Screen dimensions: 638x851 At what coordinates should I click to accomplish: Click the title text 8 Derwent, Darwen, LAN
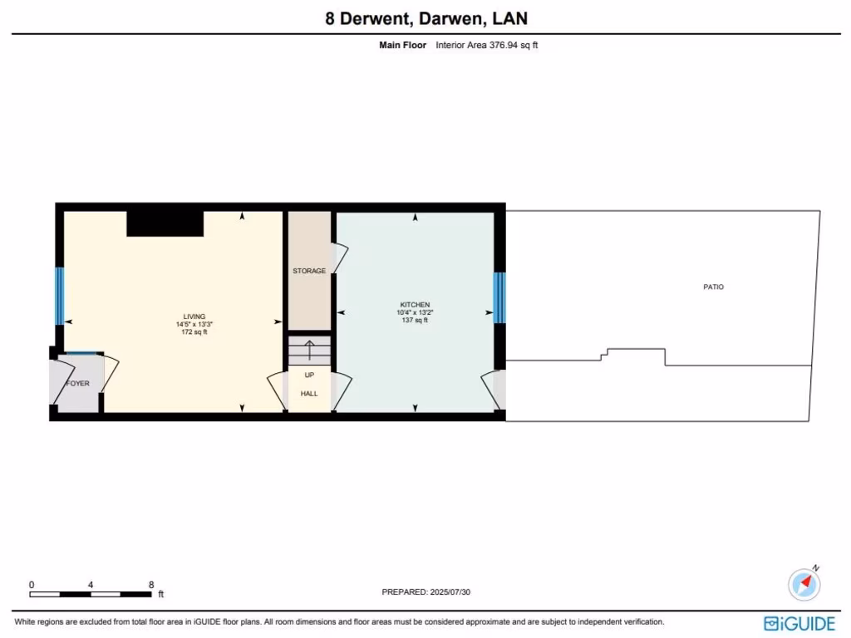pyautogui.click(x=425, y=18)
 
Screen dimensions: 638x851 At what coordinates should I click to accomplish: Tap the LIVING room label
pyautogui.click(x=194, y=317)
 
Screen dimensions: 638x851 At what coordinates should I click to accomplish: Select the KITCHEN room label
pyautogui.click(x=415, y=305)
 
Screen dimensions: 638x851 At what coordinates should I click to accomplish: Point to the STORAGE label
pyautogui.click(x=309, y=271)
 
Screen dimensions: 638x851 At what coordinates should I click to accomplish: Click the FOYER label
pyautogui.click(x=77, y=384)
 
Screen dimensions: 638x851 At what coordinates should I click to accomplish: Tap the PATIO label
pyautogui.click(x=713, y=287)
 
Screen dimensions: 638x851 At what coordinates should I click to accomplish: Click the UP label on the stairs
pyautogui.click(x=309, y=375)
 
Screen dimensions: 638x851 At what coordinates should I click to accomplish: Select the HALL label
pyautogui.click(x=309, y=393)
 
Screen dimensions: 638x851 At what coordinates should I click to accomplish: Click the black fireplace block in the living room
pyautogui.click(x=165, y=223)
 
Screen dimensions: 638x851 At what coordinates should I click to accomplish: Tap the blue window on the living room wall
pyautogui.click(x=59, y=296)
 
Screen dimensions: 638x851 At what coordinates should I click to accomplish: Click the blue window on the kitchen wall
pyautogui.click(x=499, y=297)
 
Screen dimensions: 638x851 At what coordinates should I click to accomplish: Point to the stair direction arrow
pyautogui.click(x=309, y=350)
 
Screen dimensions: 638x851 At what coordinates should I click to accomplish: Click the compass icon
pyautogui.click(x=804, y=583)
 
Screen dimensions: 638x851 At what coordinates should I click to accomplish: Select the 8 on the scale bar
pyautogui.click(x=150, y=585)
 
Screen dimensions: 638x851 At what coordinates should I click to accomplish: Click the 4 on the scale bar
pyautogui.click(x=91, y=585)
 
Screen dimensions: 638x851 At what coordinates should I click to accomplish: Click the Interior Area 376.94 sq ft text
pyautogui.click(x=487, y=46)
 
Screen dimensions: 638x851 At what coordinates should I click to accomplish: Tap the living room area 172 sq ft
pyautogui.click(x=194, y=332)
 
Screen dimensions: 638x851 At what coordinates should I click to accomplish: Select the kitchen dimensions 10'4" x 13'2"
pyautogui.click(x=415, y=312)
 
